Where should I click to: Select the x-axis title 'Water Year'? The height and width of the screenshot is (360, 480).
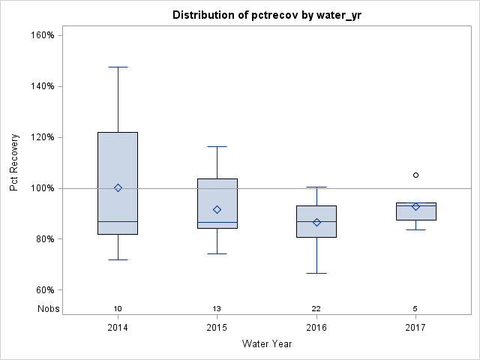pos(267,344)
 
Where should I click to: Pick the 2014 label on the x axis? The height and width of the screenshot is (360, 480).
pos(118,328)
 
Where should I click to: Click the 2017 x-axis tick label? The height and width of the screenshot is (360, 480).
pos(415,328)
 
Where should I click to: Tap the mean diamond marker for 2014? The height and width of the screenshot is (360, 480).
pos(118,187)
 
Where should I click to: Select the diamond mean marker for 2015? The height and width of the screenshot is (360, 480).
pos(217,209)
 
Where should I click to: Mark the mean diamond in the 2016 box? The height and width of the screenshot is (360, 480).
pos(316,222)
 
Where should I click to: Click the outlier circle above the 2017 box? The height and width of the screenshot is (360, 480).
pos(415,175)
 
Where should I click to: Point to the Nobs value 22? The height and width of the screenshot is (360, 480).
pos(316,308)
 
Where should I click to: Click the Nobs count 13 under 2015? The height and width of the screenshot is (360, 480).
pos(217,308)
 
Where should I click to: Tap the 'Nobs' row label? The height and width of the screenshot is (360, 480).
pos(48,308)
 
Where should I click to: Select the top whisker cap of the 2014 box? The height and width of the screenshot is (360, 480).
pos(118,67)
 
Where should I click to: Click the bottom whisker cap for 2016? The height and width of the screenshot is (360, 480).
pos(316,273)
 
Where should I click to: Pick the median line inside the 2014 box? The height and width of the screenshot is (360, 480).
pos(118,221)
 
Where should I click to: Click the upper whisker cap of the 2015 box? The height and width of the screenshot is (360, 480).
pos(217,146)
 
